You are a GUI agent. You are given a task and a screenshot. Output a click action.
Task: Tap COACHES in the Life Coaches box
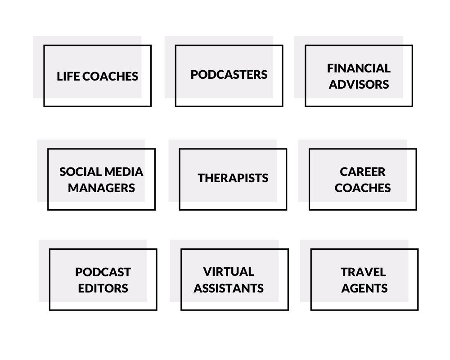[x=110, y=76]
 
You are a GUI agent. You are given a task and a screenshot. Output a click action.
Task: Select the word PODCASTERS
[x=229, y=75]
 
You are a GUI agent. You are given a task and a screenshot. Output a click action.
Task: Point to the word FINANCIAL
[x=359, y=68]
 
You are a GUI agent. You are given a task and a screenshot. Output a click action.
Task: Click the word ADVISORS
[x=359, y=85]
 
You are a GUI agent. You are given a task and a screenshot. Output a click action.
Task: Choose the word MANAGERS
[x=101, y=188]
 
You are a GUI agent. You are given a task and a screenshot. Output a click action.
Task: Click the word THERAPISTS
[x=233, y=178]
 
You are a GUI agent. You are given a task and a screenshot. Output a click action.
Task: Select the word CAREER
[x=362, y=172]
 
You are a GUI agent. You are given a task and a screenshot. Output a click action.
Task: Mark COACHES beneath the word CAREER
[x=362, y=188]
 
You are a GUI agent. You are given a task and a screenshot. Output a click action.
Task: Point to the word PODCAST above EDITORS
[x=103, y=272]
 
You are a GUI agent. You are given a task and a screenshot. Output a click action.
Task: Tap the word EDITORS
[x=103, y=288]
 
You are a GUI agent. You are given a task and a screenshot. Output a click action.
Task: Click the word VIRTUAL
[x=229, y=272]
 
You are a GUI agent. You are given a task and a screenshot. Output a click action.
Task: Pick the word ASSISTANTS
[x=229, y=288]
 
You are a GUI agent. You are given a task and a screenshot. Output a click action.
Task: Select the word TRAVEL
[x=363, y=272]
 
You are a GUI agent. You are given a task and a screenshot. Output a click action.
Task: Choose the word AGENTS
[x=364, y=288]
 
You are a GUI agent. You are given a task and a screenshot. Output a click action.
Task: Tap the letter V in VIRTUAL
[x=207, y=272]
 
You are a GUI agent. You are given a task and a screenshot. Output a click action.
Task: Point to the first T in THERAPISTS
[x=202, y=178]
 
